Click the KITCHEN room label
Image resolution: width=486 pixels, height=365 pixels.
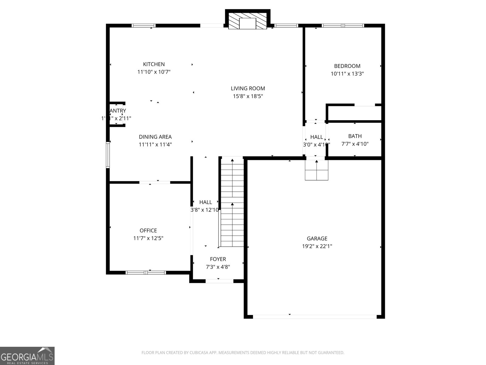tap(154, 64)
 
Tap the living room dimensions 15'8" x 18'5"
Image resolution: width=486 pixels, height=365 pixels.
tap(248, 96)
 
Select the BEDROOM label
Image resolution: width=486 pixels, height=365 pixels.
tap(347, 66)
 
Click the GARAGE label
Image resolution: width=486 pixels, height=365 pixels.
tap(317, 238)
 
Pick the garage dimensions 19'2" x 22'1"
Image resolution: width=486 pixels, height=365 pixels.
tap(317, 246)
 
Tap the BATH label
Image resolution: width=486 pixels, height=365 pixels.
tap(355, 136)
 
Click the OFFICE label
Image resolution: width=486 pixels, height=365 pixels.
tap(148, 231)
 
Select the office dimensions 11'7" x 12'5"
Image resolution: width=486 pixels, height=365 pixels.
tap(148, 238)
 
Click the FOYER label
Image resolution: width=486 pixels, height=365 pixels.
tap(218, 259)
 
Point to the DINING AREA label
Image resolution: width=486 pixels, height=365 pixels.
tap(155, 137)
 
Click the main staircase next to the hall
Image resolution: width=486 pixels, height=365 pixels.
tap(232, 202)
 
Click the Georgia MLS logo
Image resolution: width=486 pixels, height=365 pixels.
tap(27, 356)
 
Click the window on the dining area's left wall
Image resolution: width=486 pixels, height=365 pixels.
tap(108, 155)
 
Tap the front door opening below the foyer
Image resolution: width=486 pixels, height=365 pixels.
tap(219, 281)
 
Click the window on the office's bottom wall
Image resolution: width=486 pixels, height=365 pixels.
tap(146, 273)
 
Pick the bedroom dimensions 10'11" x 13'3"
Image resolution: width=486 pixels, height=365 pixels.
tap(347, 74)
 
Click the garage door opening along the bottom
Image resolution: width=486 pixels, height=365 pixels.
tap(315, 317)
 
